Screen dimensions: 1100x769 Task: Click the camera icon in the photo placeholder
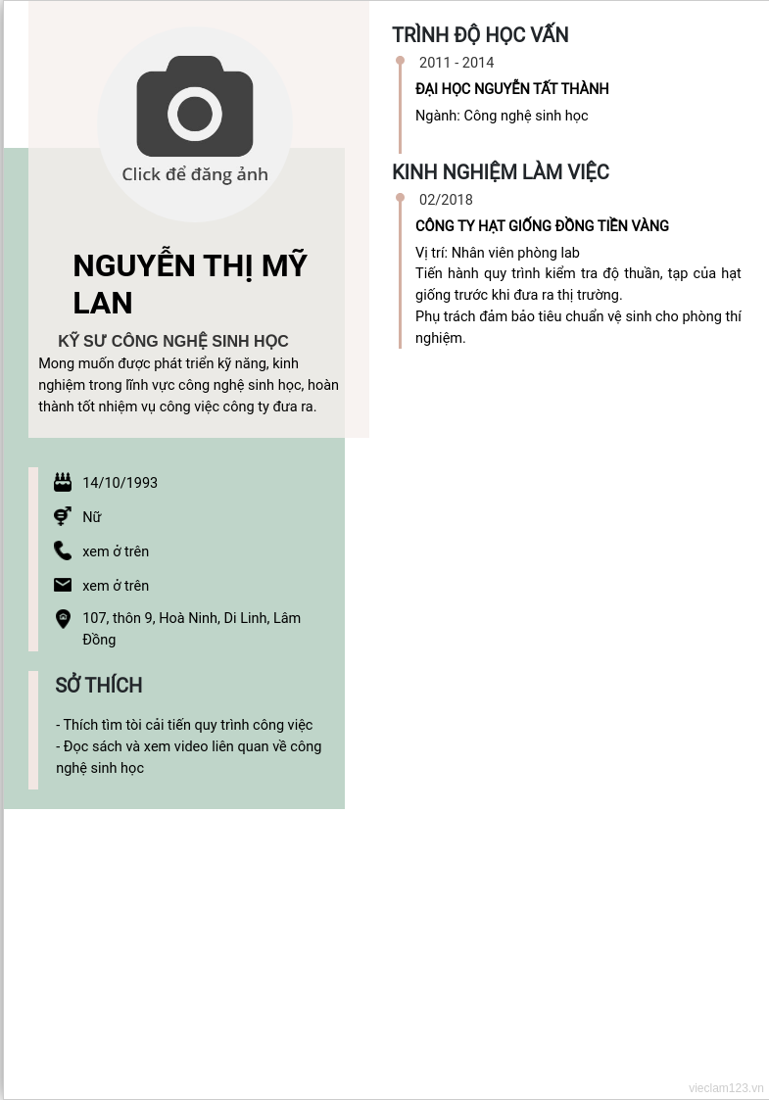click(x=195, y=107)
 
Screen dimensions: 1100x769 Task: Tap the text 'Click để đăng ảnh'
click(x=195, y=174)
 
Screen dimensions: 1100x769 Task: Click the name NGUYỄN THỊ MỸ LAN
click(x=190, y=284)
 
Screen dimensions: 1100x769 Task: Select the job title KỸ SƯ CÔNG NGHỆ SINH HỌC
click(x=173, y=341)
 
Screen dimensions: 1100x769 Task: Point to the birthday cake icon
click(x=63, y=482)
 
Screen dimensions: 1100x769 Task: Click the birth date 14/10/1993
click(x=120, y=483)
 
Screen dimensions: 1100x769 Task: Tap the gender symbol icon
click(x=63, y=516)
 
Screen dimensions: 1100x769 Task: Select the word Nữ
click(x=92, y=517)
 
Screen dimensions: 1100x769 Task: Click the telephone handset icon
click(x=63, y=550)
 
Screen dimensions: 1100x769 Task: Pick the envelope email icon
click(x=63, y=585)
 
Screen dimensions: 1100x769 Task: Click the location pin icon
click(x=63, y=618)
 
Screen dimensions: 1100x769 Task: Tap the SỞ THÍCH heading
click(x=99, y=686)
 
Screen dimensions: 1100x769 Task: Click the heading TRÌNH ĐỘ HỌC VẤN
click(x=480, y=35)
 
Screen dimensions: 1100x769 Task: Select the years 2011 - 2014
click(x=457, y=63)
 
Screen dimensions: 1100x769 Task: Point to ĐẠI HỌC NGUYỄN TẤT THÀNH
click(x=512, y=89)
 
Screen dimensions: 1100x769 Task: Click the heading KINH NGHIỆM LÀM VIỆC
click(x=501, y=172)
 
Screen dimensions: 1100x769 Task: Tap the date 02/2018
click(x=446, y=200)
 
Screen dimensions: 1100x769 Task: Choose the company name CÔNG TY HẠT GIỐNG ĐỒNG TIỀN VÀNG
click(x=542, y=226)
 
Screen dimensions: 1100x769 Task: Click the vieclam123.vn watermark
click(x=726, y=1088)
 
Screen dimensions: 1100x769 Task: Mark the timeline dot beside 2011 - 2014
click(x=400, y=61)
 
